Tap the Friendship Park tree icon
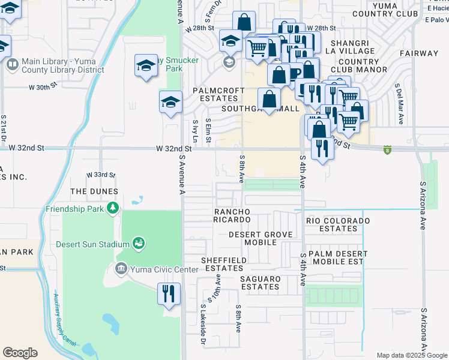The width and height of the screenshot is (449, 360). (x=112, y=208)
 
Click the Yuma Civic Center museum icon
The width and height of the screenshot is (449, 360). (x=121, y=268)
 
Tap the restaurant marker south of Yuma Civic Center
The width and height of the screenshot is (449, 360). (x=169, y=294)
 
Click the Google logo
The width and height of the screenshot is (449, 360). (x=20, y=353)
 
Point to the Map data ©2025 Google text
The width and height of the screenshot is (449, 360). (x=411, y=355)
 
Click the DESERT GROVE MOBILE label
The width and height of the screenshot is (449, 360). (x=252, y=238)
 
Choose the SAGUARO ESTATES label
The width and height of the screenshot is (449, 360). (x=261, y=283)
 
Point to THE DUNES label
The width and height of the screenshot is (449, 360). (x=94, y=191)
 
